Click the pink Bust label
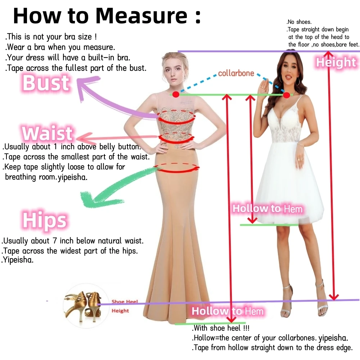point(46,83)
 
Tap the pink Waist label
point(47,133)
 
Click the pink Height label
point(336,62)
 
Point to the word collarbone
point(236,73)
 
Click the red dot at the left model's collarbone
point(176,94)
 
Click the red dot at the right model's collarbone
point(286,95)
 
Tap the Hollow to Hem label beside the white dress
point(267,209)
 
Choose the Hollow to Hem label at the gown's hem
point(227,311)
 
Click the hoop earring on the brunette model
point(298,81)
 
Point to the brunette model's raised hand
point(264,86)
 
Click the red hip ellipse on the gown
point(177,168)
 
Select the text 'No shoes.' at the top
point(299,22)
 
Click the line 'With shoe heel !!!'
point(221,328)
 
